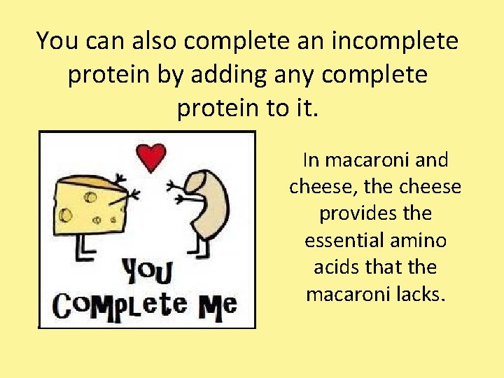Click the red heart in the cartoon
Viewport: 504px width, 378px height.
(150, 157)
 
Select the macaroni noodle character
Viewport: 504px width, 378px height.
(206, 203)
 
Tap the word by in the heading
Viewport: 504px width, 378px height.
(169, 74)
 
